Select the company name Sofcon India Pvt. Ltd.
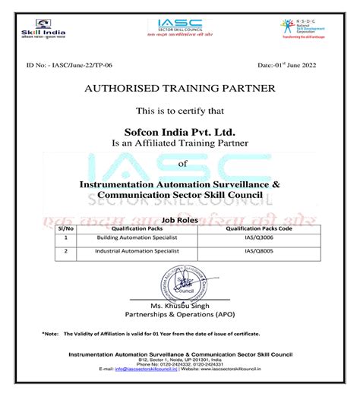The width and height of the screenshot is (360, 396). tap(180, 131)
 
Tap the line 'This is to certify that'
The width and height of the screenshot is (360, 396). tap(180, 112)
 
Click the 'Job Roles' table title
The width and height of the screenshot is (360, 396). tap(180, 218)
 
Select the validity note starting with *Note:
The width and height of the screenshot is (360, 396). tap(150, 333)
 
